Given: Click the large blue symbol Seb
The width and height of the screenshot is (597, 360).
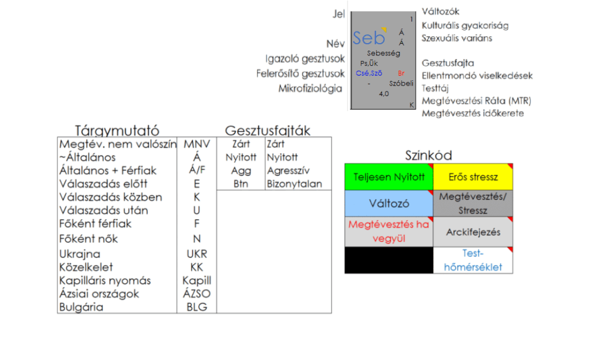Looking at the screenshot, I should (x=368, y=38).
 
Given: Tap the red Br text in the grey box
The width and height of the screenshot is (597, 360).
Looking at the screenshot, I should (x=401, y=73).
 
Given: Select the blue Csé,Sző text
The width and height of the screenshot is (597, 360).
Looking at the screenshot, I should (x=368, y=73).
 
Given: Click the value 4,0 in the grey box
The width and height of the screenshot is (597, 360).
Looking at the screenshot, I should (x=384, y=93).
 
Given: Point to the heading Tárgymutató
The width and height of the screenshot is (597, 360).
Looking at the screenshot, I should (x=117, y=130).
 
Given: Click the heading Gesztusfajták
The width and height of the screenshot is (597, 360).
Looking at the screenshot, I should (x=268, y=130).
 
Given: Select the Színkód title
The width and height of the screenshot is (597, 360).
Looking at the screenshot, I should (x=429, y=156).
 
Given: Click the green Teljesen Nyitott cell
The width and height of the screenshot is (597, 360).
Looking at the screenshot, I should (x=389, y=177).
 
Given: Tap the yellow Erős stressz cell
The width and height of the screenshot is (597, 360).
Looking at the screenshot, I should (x=473, y=177).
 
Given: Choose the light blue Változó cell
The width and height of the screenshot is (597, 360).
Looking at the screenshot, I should (x=389, y=203).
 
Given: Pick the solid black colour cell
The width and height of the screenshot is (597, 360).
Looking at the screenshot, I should (x=389, y=260).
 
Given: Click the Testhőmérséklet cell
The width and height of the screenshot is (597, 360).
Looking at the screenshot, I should (x=473, y=260).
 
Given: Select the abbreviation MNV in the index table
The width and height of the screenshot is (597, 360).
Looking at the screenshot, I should (x=196, y=144).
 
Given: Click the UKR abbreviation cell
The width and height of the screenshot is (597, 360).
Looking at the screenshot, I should (x=196, y=254).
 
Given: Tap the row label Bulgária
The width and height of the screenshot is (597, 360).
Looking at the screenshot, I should (x=81, y=307).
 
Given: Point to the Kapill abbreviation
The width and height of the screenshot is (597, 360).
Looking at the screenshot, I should (x=196, y=280).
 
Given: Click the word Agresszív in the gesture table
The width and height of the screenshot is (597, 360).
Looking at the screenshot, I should (x=288, y=171).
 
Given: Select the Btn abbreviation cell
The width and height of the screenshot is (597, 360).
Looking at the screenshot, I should (x=241, y=184).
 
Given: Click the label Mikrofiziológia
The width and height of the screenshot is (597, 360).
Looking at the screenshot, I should (x=310, y=89).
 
